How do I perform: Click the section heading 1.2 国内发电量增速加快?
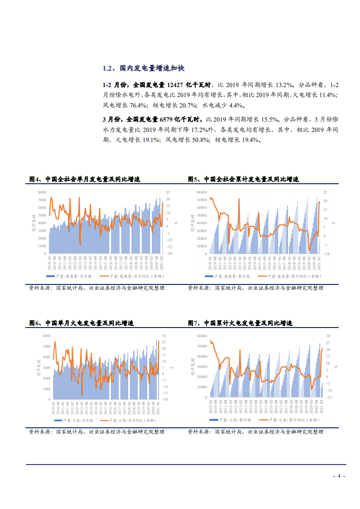point(143,69)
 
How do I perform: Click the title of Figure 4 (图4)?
point(84,180)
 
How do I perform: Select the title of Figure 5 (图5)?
point(243,180)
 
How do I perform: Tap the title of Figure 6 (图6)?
point(81,323)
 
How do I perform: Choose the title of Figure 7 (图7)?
point(240,323)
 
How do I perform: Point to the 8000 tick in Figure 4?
point(42,192)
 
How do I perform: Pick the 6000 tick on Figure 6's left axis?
point(46,336)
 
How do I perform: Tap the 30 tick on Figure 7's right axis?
point(328,336)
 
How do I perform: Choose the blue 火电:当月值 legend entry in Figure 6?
point(72,420)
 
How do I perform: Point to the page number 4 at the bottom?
point(339,476)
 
